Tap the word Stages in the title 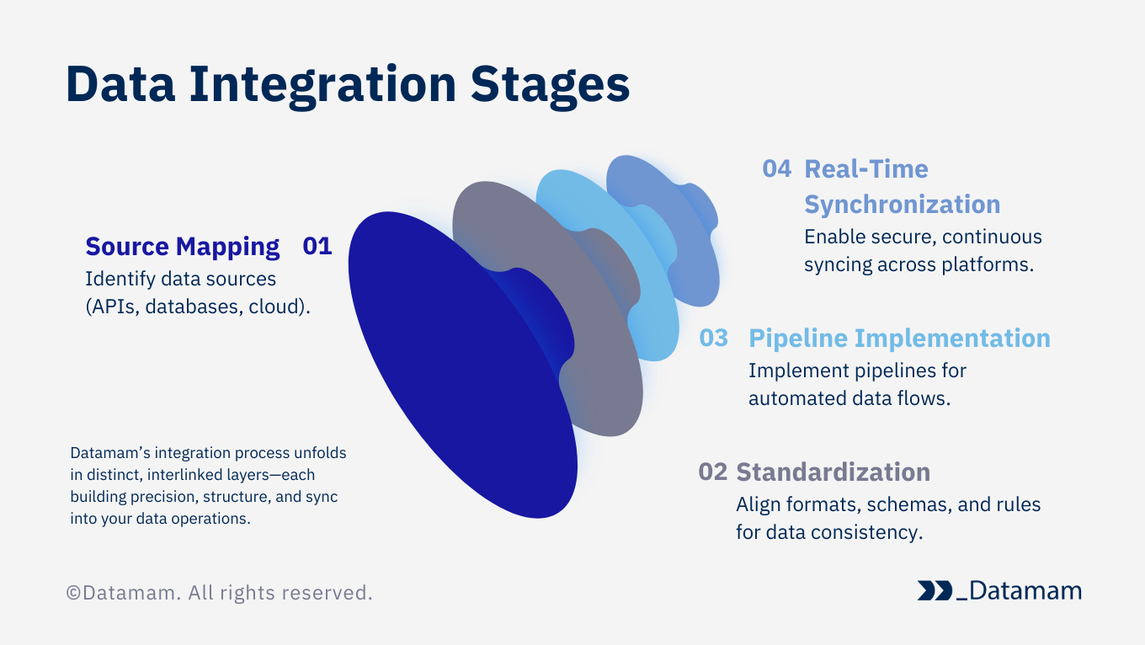pyautogui.click(x=550, y=84)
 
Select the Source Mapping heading pyautogui.click(x=183, y=247)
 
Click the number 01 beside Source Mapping pyautogui.click(x=317, y=247)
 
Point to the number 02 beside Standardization pyautogui.click(x=712, y=472)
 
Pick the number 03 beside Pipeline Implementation pyautogui.click(x=713, y=338)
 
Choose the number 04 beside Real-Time pyautogui.click(x=776, y=168)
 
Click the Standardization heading pyautogui.click(x=833, y=472)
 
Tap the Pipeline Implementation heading pyautogui.click(x=899, y=338)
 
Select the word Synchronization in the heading pyautogui.click(x=902, y=205)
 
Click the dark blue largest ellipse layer pyautogui.click(x=446, y=379)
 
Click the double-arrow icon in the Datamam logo pyautogui.click(x=935, y=591)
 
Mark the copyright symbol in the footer pyautogui.click(x=73, y=594)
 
